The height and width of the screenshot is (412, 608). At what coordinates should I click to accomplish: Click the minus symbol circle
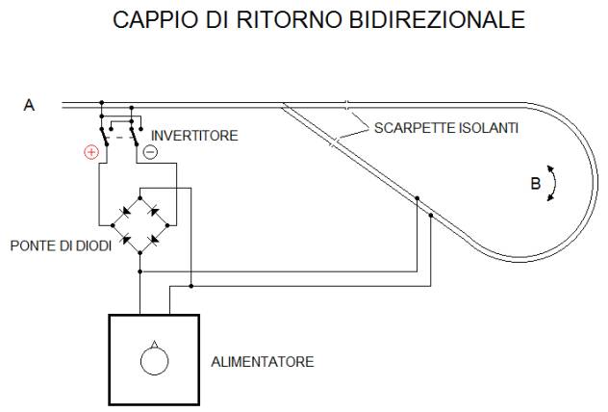click(149, 152)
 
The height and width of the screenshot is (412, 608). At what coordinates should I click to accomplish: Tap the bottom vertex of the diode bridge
click(140, 252)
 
